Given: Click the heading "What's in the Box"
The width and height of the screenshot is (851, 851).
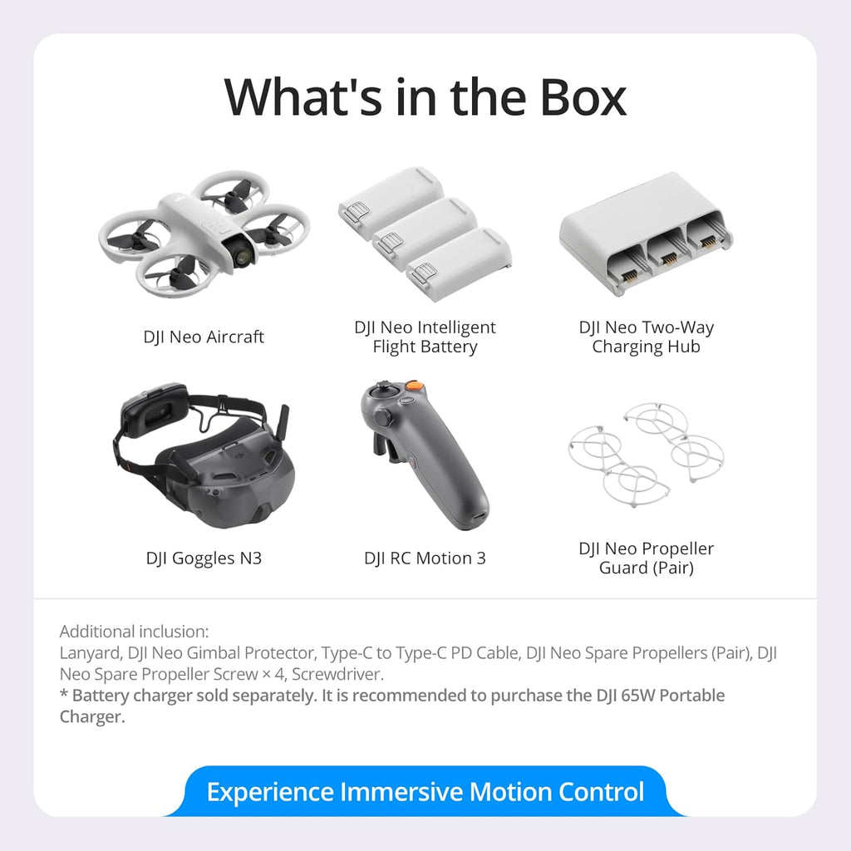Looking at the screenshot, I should (x=425, y=96).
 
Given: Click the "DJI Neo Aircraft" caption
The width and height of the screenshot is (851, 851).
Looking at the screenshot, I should (x=204, y=337).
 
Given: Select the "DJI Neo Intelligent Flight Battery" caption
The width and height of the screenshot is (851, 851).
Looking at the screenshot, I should (x=425, y=337).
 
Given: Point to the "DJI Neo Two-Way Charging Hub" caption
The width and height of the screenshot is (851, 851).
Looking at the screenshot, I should (x=646, y=337).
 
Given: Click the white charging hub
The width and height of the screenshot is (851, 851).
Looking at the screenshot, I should (x=646, y=233).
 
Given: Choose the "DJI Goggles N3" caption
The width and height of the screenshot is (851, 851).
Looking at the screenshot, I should (x=204, y=558).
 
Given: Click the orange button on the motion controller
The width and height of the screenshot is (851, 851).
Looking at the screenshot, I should (x=415, y=386).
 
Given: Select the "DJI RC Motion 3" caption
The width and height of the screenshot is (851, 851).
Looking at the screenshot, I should (x=425, y=558).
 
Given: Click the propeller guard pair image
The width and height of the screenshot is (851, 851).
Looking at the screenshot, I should (x=646, y=453).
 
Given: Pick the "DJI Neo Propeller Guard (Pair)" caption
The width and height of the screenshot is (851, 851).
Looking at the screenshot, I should (x=646, y=558).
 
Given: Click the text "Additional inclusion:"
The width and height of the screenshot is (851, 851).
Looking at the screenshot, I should (x=134, y=632).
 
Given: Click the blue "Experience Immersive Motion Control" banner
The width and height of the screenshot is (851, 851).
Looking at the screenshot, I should (x=425, y=791).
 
